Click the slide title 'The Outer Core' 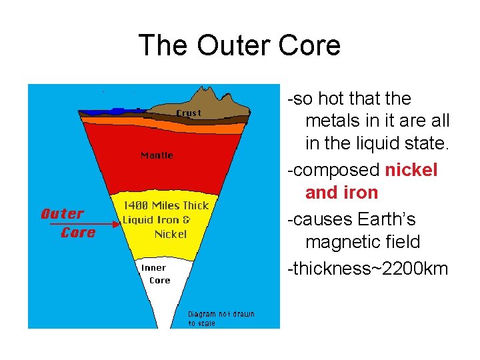coord(239,45)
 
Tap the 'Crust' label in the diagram coord(188,113)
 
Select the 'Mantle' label coord(157,155)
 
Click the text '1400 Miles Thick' coord(166,205)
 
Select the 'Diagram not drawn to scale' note coord(221,318)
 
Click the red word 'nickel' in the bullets coord(411,170)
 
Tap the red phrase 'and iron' coord(341,193)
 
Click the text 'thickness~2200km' coord(367,269)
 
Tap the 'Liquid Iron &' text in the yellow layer coord(156,219)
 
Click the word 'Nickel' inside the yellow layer coord(171,234)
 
